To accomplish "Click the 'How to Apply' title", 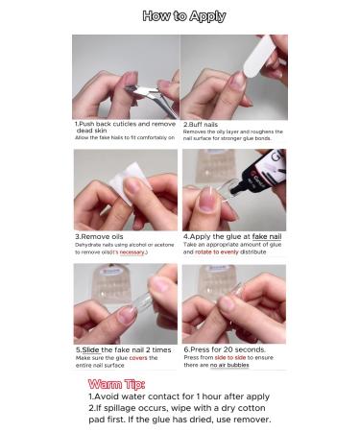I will point(183,16).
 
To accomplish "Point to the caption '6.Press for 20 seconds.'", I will point(228,350).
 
